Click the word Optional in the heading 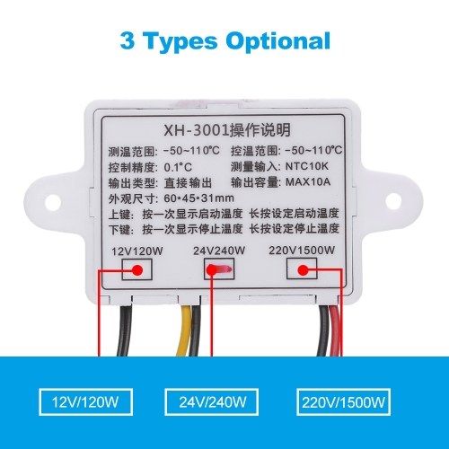[278, 41]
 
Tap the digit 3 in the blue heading [127, 40]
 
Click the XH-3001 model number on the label [196, 131]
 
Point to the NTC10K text [307, 166]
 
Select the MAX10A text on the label [308, 181]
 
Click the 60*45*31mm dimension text [198, 198]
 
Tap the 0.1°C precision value [178, 167]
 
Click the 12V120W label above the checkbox [137, 251]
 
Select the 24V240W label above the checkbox [219, 251]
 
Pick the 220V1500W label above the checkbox [302, 251]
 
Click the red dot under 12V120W [137, 270]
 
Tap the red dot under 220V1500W [303, 270]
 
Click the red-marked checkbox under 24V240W [219, 269]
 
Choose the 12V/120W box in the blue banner [85, 402]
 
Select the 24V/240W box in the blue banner [212, 402]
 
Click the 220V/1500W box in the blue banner [344, 402]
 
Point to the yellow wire [184, 330]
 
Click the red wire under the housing [335, 330]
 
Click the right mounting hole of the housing [393, 201]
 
